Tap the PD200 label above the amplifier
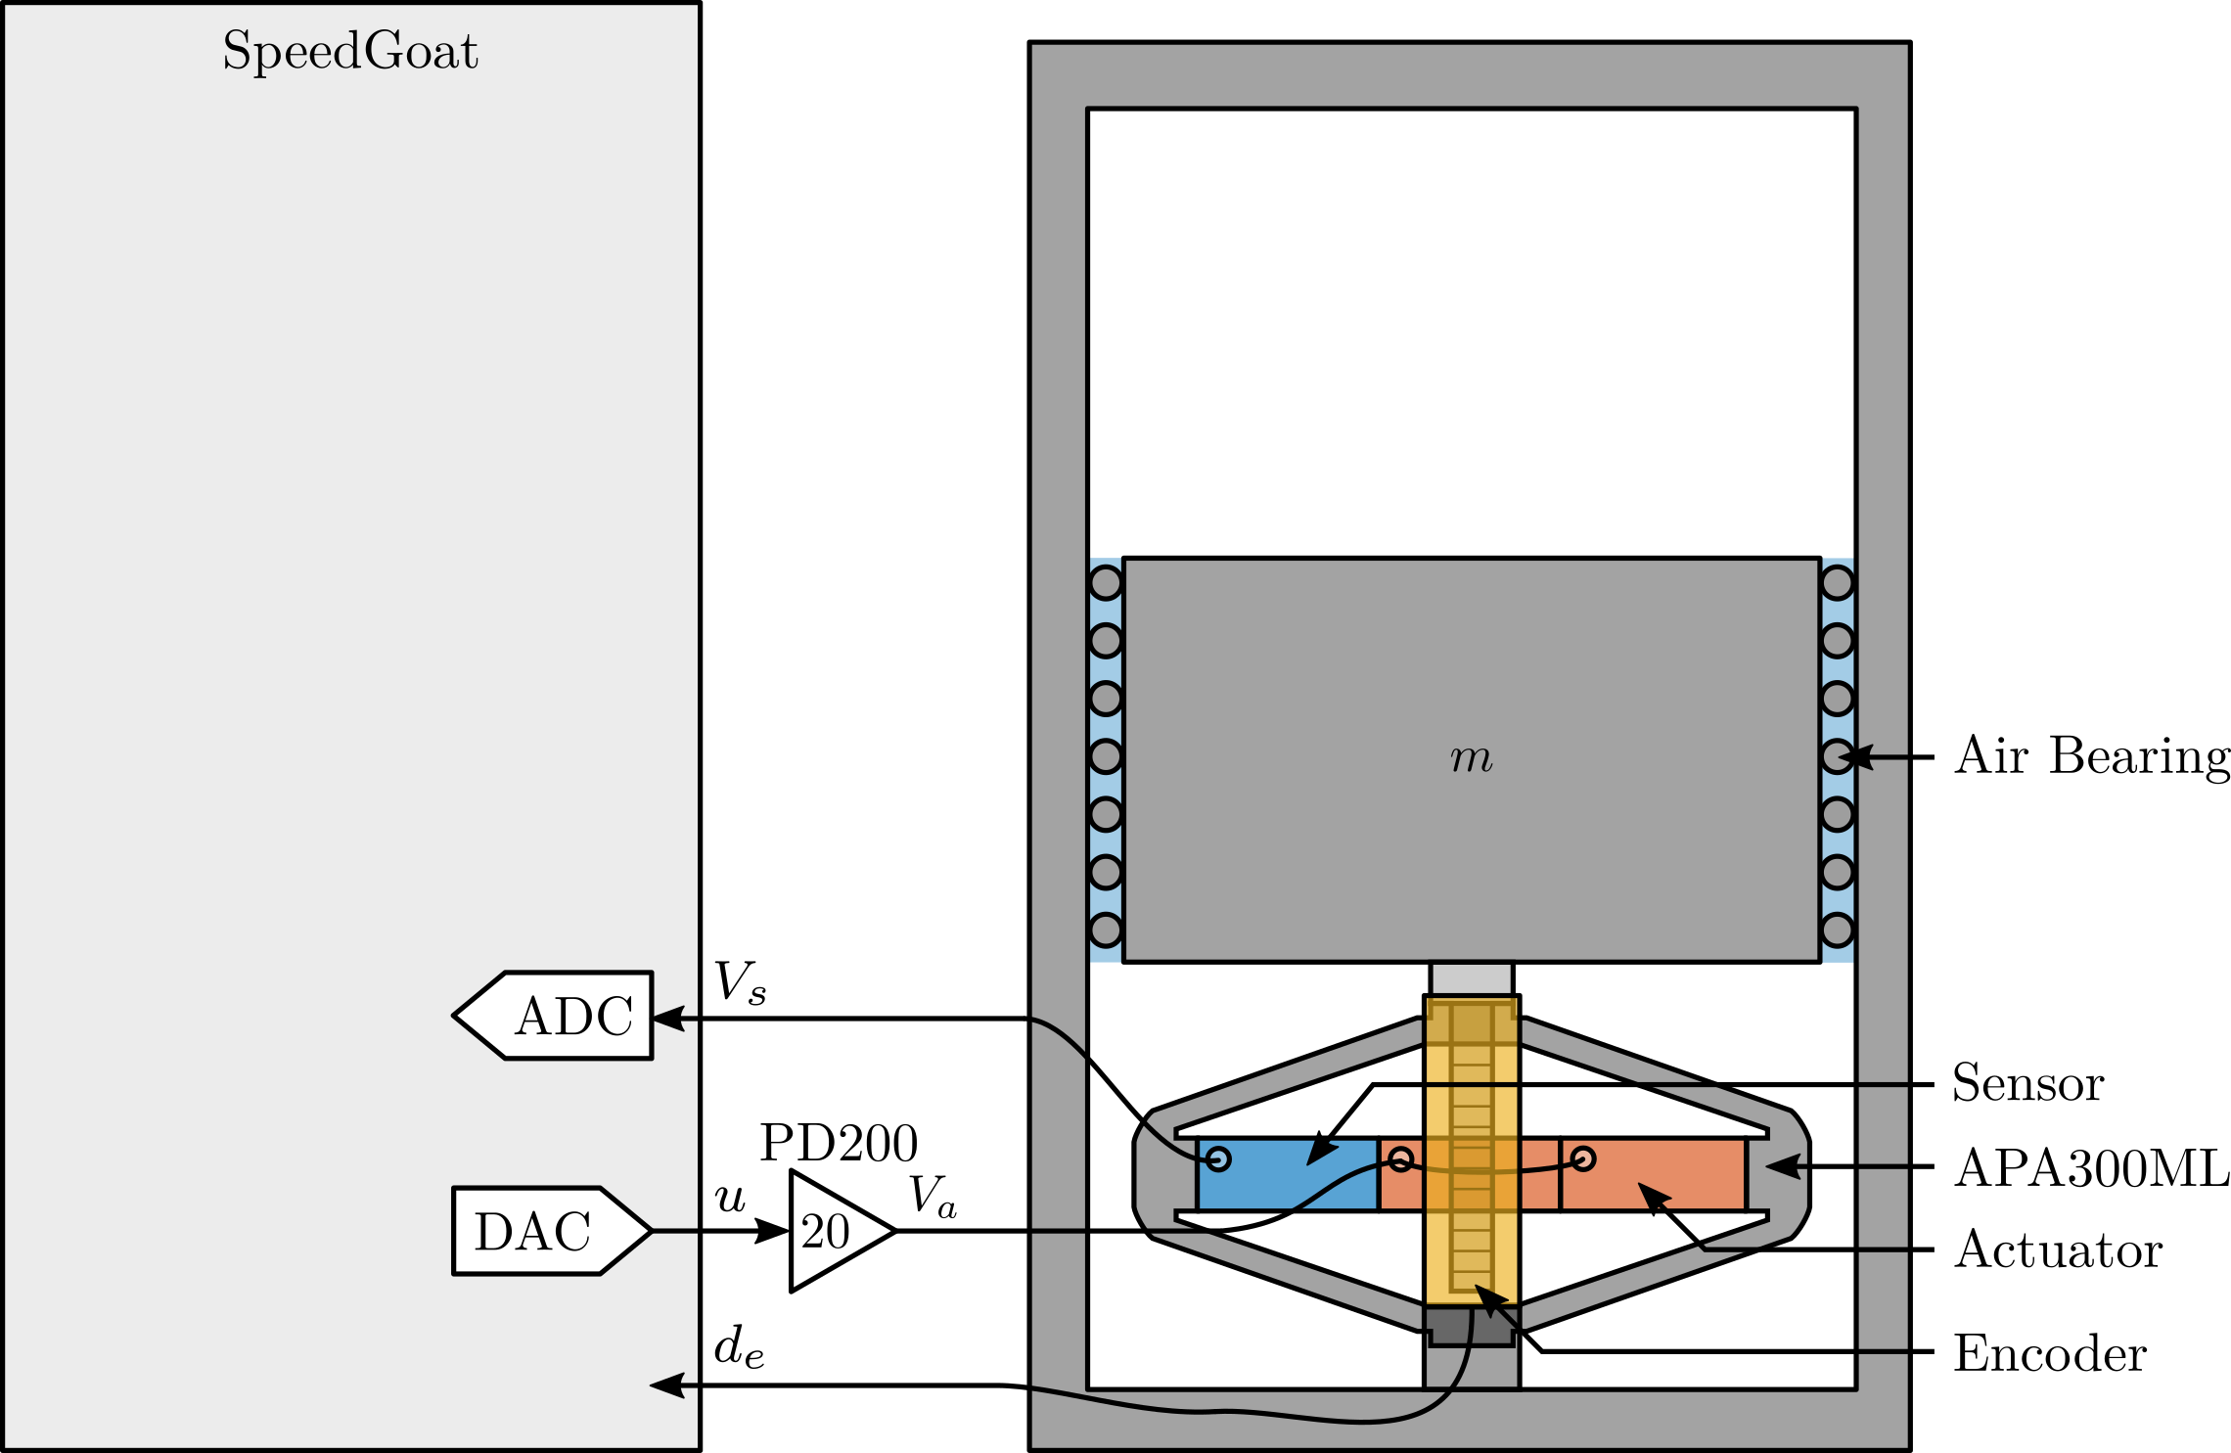[x=839, y=1143]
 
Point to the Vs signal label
[x=740, y=982]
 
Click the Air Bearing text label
[x=2092, y=756]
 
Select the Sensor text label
[x=2027, y=1084]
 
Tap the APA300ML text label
[x=2092, y=1168]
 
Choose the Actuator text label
[x=2058, y=1250]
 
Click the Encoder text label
[x=2050, y=1354]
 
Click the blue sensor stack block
[x=1287, y=1174]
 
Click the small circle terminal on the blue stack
[x=1218, y=1159]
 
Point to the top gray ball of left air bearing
[x=1106, y=583]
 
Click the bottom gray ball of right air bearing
[x=1837, y=930]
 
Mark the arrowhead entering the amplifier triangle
[x=773, y=1231]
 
